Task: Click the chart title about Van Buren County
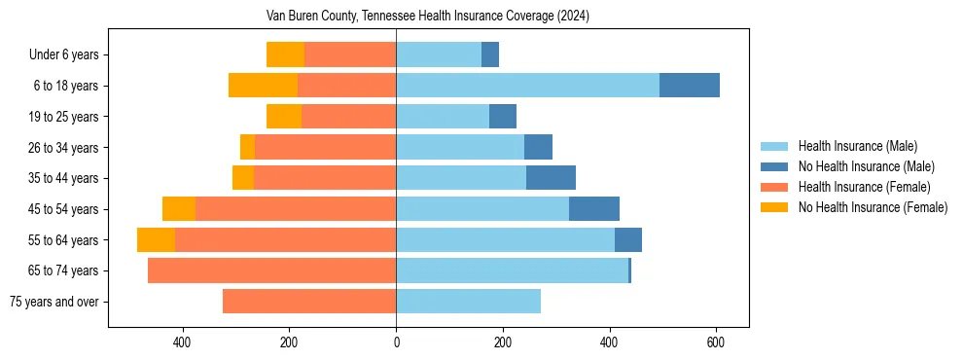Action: coord(428,17)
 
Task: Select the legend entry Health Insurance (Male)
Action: coord(857,146)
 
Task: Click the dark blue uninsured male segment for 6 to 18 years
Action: coord(690,86)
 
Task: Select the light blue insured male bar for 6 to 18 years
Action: coord(527,86)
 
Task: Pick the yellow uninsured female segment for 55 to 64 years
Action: coord(156,240)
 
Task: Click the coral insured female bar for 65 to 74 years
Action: coord(271,270)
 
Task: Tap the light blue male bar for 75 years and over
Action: coord(468,302)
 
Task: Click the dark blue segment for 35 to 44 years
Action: coord(551,178)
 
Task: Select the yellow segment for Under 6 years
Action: coord(285,55)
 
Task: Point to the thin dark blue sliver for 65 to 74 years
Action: coord(629,270)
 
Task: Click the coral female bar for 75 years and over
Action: coord(309,302)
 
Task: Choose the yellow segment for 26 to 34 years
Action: coord(247,147)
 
